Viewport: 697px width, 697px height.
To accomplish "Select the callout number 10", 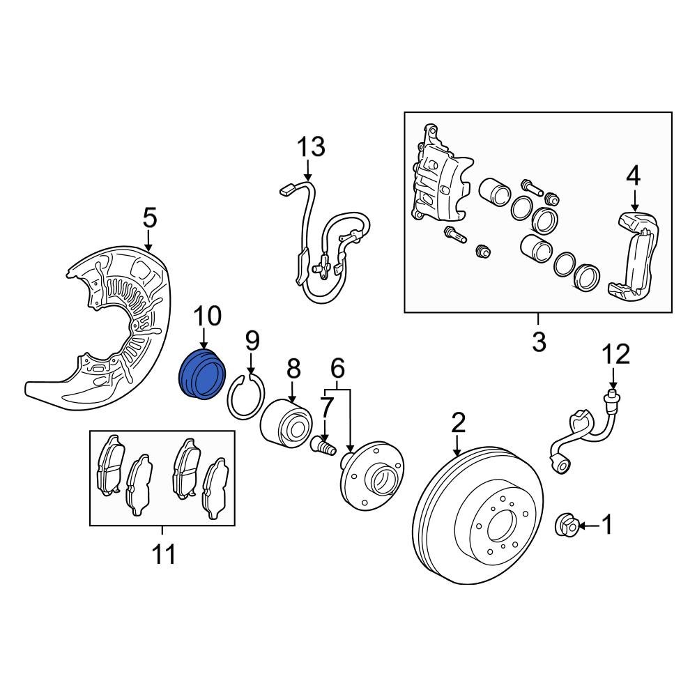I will tap(207, 316).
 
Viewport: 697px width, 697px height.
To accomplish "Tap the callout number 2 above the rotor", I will tap(458, 422).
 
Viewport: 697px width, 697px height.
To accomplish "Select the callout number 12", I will tap(616, 354).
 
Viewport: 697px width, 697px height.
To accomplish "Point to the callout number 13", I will tap(311, 147).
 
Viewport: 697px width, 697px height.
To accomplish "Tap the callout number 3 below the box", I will tap(539, 342).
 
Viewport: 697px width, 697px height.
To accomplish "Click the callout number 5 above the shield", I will tap(150, 219).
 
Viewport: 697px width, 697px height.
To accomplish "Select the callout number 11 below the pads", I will tap(164, 555).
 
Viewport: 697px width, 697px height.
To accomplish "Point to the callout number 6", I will tap(337, 366).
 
